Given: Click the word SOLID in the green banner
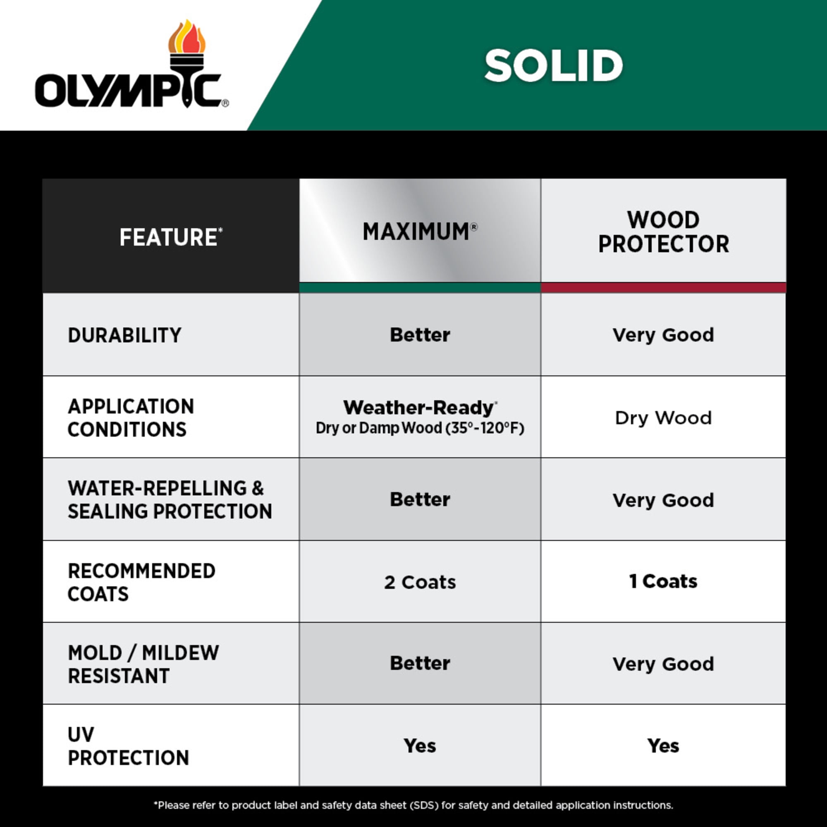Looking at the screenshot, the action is point(554,65).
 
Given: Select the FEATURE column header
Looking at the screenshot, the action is point(171,237).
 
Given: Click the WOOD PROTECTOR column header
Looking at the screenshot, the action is point(664,232).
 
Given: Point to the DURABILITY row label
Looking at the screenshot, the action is point(124,335).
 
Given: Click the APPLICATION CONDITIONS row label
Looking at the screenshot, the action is point(131,418).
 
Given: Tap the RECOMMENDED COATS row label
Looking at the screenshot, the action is point(141,582).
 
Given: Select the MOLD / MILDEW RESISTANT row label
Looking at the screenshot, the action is point(143,664).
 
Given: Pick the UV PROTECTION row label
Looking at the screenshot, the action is point(128,746).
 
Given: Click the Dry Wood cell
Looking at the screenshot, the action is point(664,418).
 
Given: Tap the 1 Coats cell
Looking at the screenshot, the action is point(664,581).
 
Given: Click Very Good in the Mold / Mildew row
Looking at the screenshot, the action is point(664,664).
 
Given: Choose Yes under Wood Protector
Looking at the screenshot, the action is point(663,746).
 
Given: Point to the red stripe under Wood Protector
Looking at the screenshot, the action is point(664,288).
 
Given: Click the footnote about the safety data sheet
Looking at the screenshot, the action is point(413,805).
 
